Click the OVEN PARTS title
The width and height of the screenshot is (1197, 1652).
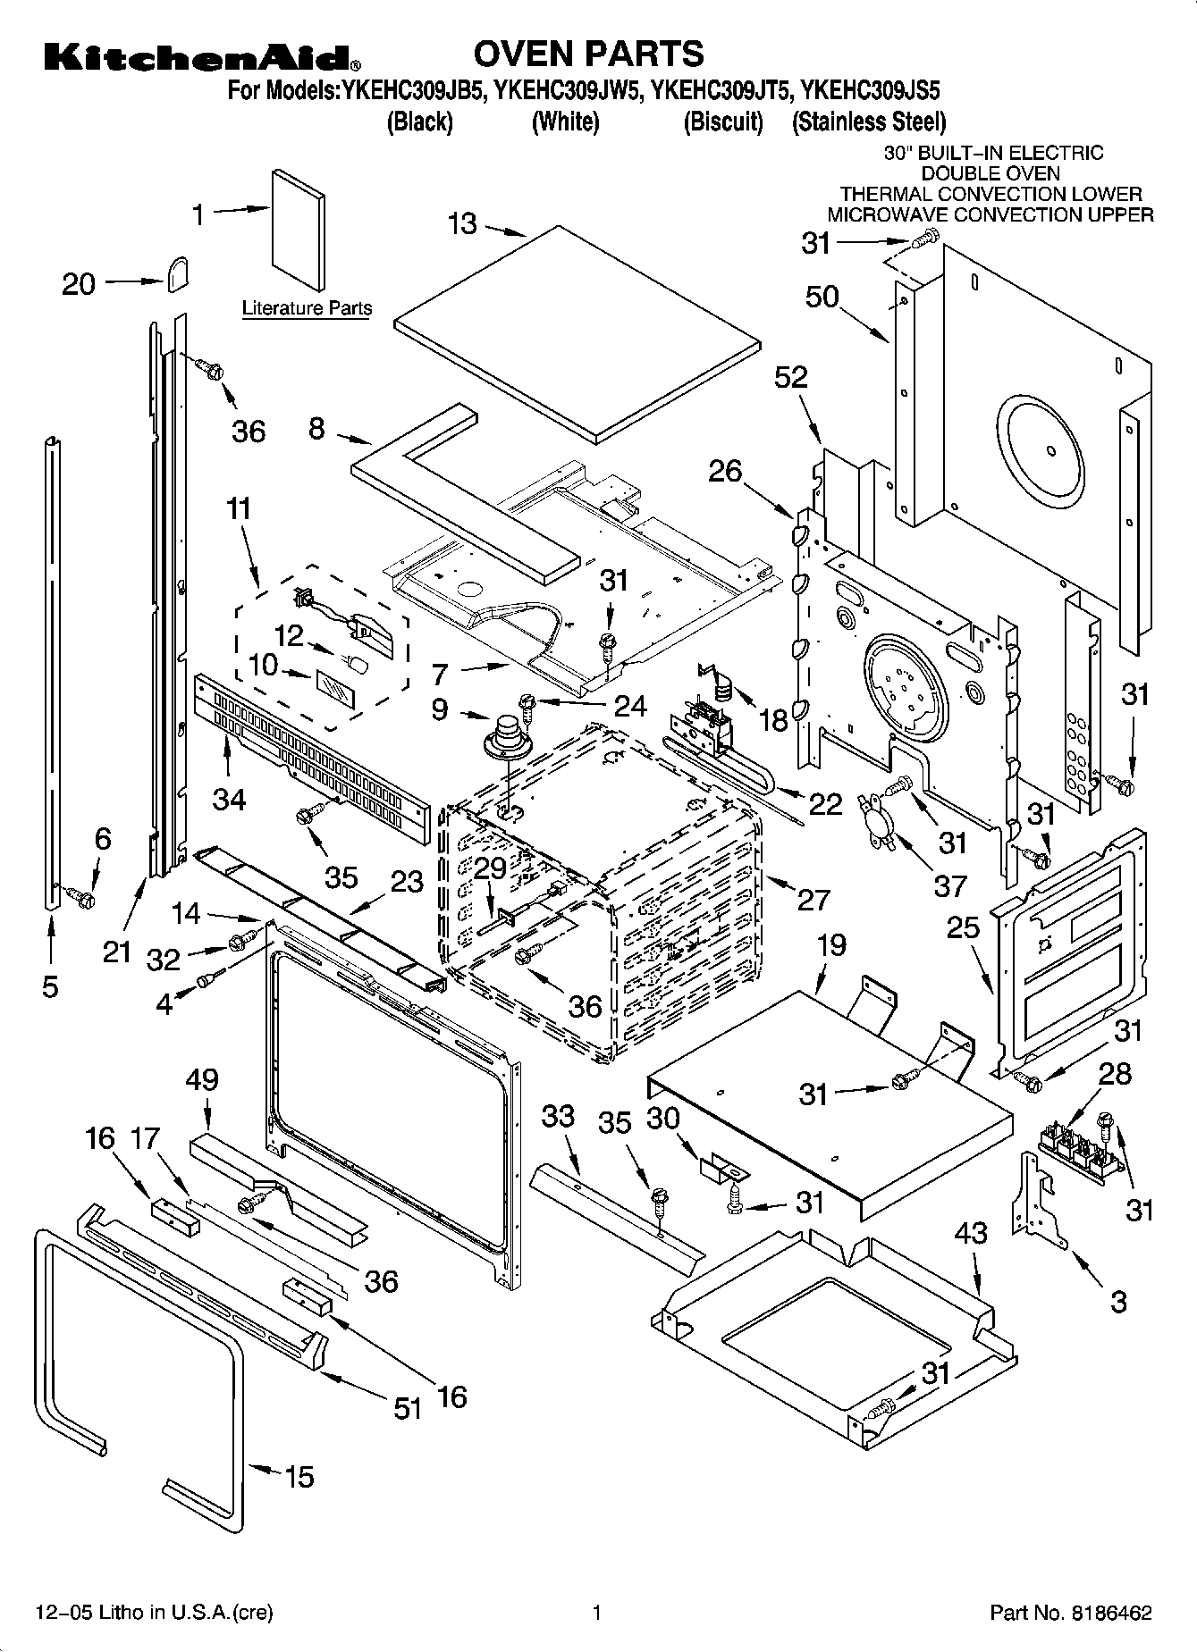tap(588, 55)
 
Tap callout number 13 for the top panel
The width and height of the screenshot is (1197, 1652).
tap(462, 223)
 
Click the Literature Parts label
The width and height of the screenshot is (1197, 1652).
tap(307, 308)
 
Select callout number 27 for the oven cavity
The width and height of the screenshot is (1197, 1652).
tap(813, 899)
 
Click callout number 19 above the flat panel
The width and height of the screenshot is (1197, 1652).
tap(831, 945)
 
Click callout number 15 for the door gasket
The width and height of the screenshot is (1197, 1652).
tap(299, 1477)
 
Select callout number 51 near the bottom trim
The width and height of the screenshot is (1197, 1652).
tap(408, 1409)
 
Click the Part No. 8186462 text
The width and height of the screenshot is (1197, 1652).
tap(1070, 1613)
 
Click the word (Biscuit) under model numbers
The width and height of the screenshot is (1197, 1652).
tap(723, 121)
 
